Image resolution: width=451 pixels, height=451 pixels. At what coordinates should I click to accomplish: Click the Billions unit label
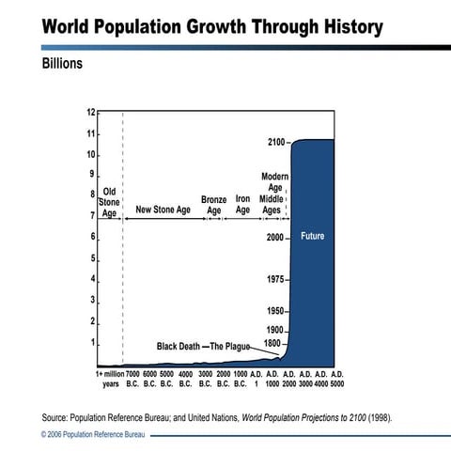click(62, 65)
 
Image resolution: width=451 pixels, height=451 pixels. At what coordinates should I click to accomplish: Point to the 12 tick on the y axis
click(91, 113)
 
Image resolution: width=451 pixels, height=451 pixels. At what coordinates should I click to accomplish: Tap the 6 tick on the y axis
click(92, 237)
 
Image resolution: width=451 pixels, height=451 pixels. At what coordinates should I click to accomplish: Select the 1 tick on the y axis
click(92, 343)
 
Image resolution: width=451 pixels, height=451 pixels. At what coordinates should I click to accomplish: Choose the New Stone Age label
click(163, 210)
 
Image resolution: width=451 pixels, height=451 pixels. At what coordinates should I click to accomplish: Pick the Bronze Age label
click(213, 205)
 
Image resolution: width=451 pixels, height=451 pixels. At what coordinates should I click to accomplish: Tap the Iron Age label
click(242, 205)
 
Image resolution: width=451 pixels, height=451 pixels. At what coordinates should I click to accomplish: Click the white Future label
click(312, 237)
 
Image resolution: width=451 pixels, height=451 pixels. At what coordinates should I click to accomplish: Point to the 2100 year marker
click(275, 142)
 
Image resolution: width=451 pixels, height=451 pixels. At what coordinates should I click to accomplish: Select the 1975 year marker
click(275, 280)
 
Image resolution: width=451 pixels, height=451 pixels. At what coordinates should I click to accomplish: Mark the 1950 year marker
click(275, 311)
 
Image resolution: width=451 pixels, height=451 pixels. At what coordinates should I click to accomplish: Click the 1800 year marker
click(272, 344)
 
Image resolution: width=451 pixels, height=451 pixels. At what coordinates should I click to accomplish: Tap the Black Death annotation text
click(178, 346)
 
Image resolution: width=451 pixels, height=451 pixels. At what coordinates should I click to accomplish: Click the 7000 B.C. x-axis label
click(132, 379)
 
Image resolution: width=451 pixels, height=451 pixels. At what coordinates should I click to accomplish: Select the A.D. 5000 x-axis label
click(337, 379)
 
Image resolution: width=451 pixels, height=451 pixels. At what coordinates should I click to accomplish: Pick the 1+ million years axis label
click(110, 379)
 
